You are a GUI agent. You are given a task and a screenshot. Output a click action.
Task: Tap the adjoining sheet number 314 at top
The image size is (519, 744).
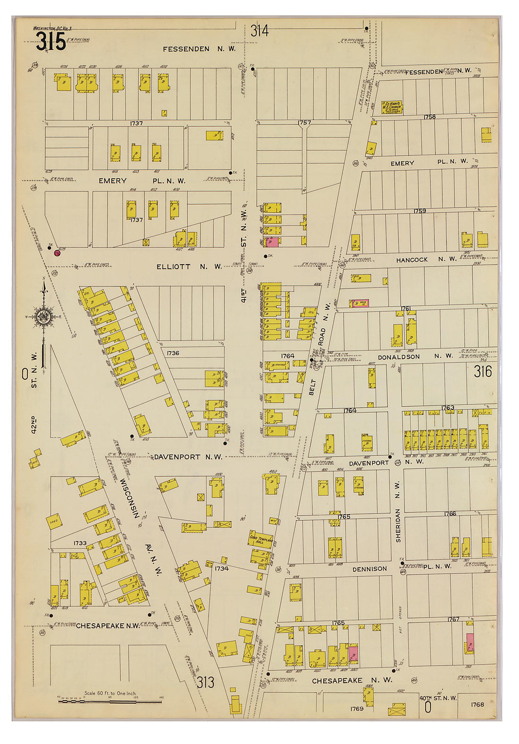(x=259, y=31)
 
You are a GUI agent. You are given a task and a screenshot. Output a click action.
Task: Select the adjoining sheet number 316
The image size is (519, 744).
(x=483, y=372)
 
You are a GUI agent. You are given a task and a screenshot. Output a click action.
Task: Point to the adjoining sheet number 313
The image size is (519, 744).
(x=206, y=682)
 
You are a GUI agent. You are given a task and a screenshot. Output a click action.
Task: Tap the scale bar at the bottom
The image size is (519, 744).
(x=109, y=702)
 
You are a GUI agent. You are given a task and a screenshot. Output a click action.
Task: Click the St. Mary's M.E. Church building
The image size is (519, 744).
(x=392, y=107)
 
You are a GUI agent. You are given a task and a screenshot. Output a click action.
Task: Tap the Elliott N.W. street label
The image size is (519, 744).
(x=189, y=267)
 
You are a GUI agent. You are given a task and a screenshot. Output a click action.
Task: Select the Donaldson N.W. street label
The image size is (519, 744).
(x=415, y=357)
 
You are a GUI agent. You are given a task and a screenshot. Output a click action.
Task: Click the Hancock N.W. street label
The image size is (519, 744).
(x=426, y=259)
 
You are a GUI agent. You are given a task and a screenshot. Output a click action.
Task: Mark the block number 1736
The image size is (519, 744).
(x=173, y=353)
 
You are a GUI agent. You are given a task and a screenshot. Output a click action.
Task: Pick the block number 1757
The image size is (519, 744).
(x=304, y=123)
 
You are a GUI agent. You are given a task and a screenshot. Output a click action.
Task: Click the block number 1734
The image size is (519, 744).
(x=221, y=568)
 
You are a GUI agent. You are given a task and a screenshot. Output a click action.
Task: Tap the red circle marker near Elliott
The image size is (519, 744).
(x=57, y=253)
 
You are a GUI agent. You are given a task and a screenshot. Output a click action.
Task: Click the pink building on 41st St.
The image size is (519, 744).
(x=272, y=242)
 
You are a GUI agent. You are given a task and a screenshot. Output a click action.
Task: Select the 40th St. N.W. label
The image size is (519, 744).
(x=438, y=698)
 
